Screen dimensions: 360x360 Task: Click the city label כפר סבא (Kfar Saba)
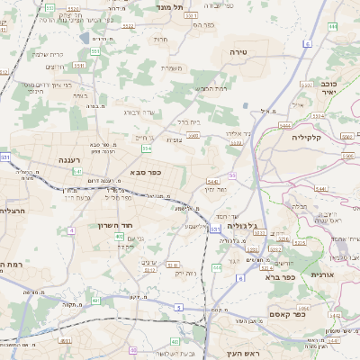point(145,172)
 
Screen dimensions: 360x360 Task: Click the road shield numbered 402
point(120,236)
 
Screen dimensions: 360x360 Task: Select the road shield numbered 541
point(78,171)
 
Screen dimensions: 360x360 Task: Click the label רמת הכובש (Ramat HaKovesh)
point(213,88)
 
